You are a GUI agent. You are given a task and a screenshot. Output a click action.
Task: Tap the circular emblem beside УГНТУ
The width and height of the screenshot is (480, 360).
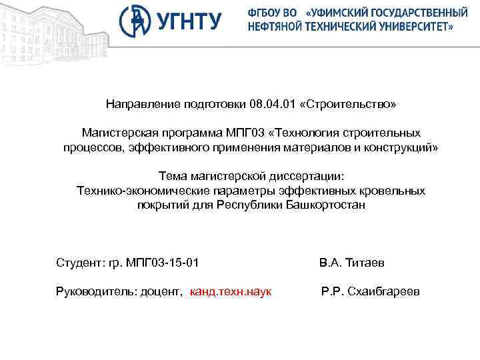135,21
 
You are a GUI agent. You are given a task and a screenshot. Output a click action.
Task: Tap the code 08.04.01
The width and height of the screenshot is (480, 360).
271,105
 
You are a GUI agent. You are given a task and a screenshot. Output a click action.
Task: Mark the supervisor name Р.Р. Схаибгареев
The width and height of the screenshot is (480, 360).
370,292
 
